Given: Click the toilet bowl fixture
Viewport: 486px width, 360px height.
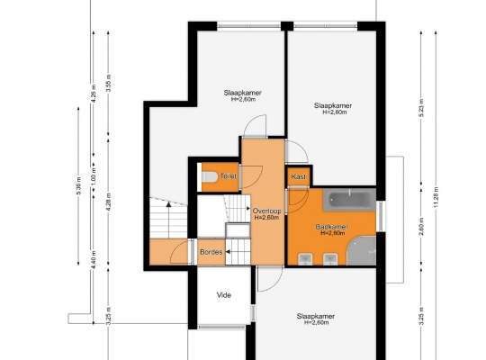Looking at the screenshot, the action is tap(210, 176).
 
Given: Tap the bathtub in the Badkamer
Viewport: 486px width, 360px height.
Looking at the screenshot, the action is tap(349, 200).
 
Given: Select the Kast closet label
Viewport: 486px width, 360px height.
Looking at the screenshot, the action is tap(299, 176).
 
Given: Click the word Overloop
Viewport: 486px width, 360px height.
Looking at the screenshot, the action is tap(267, 211).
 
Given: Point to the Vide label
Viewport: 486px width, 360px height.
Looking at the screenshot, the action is tap(224, 295).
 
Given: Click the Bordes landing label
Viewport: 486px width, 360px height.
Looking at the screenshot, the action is tap(211, 252).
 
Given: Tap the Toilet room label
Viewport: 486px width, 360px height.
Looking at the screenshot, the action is tap(229, 176).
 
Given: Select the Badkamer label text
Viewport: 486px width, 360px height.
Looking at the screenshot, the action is tap(332, 227).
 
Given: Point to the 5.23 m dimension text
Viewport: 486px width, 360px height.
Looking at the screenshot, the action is tap(421, 108).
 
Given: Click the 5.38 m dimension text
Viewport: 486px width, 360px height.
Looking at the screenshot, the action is tap(78, 186).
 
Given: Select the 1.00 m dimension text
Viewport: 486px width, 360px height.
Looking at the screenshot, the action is tap(94, 176).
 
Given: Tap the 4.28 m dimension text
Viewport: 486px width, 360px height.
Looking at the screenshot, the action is tap(109, 202).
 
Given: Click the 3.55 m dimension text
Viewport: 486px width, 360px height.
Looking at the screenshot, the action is tap(109, 84).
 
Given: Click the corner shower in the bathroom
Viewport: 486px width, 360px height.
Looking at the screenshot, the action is tap(362, 250).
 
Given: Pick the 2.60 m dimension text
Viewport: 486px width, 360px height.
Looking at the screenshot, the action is tap(421, 227).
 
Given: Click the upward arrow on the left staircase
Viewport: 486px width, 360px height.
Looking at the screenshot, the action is tap(168, 220).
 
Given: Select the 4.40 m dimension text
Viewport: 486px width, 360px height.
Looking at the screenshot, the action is tap(94, 260).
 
